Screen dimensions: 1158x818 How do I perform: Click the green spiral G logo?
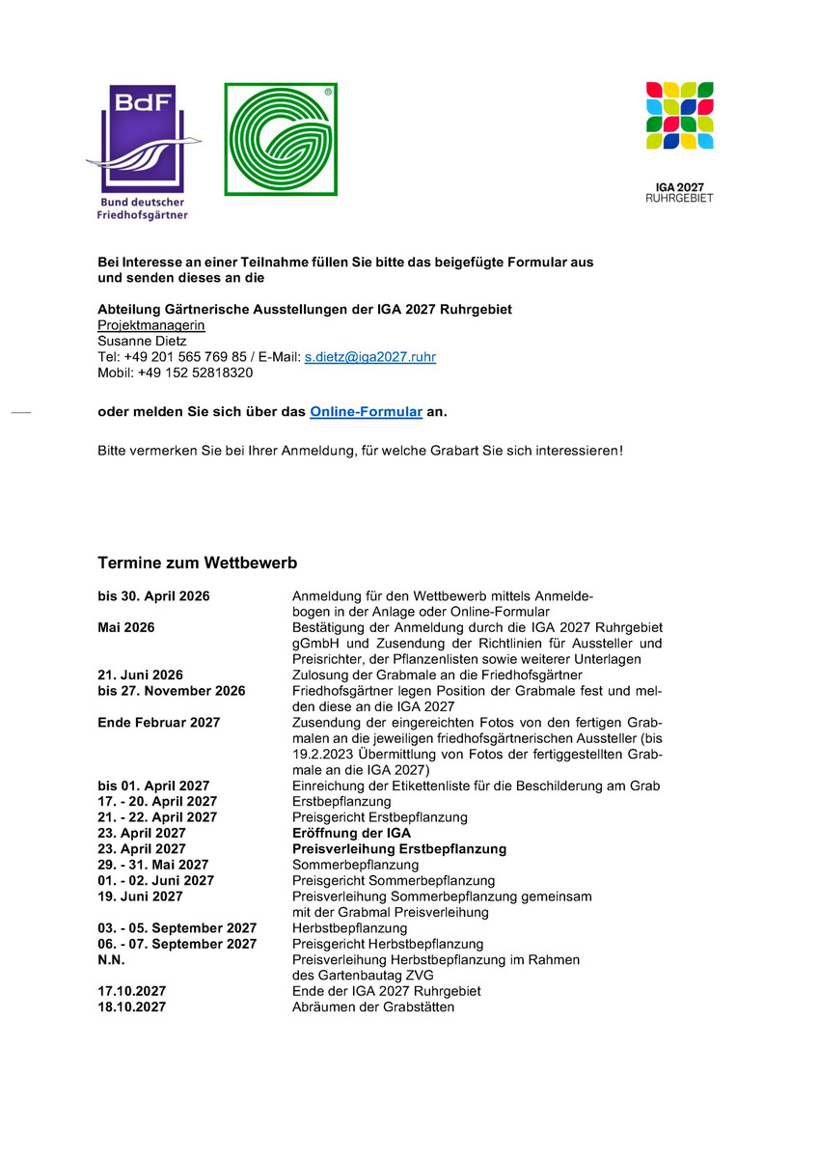281,139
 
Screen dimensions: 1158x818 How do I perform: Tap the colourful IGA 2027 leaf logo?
679,116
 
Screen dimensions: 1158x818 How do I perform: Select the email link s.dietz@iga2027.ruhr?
369,357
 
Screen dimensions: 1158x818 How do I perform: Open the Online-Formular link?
366,412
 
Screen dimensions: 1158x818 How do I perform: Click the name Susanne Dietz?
142,341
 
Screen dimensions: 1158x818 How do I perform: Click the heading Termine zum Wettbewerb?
197,563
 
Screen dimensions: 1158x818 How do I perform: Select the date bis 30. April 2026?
153,596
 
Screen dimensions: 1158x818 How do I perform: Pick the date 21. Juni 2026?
140,675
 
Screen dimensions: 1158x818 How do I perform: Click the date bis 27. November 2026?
171,691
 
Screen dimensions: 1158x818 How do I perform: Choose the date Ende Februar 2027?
158,722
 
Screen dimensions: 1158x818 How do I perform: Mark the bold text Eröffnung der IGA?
351,833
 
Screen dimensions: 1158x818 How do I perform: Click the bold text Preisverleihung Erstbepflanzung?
398,849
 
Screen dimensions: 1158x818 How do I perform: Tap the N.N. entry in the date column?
111,959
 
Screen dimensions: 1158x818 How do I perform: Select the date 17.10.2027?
131,991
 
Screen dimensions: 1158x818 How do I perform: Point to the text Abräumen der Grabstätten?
372,1007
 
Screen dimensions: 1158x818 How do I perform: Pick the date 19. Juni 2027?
140,896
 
